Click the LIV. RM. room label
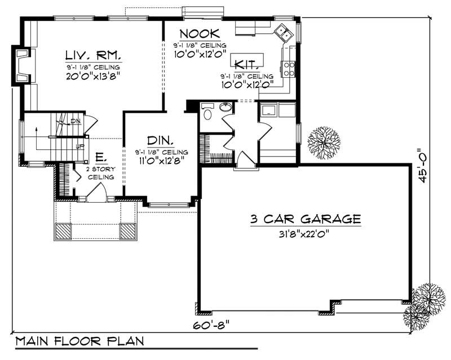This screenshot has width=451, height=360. pos(92,55)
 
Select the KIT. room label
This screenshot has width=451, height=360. pos(247,64)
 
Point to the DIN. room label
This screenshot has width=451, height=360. pos(161,140)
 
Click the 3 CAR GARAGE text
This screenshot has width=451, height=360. pos(305,219)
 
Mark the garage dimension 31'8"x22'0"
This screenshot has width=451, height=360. pos(304,233)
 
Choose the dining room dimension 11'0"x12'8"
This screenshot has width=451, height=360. pos(161,161)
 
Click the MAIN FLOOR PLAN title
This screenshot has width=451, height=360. pos(79,341)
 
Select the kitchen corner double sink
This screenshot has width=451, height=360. pos(284,33)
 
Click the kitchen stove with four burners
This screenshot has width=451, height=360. pos(289,69)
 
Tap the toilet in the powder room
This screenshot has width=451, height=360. pos(206,114)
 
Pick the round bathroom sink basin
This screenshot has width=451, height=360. pos(226,106)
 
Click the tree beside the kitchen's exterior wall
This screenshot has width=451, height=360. pos(323,142)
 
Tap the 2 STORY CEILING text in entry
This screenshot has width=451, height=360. pos(100,173)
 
